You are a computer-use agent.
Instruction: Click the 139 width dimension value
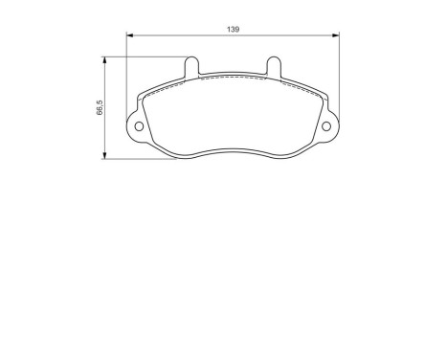click(x=233, y=31)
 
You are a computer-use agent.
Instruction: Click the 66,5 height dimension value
click(x=99, y=109)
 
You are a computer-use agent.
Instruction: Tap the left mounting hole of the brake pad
click(x=138, y=127)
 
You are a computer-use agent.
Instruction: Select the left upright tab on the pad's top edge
click(x=190, y=65)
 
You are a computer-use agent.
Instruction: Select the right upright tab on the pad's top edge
click(x=274, y=65)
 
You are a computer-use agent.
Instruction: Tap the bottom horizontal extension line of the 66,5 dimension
click(x=144, y=159)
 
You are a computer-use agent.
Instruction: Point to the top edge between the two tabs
click(x=233, y=74)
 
